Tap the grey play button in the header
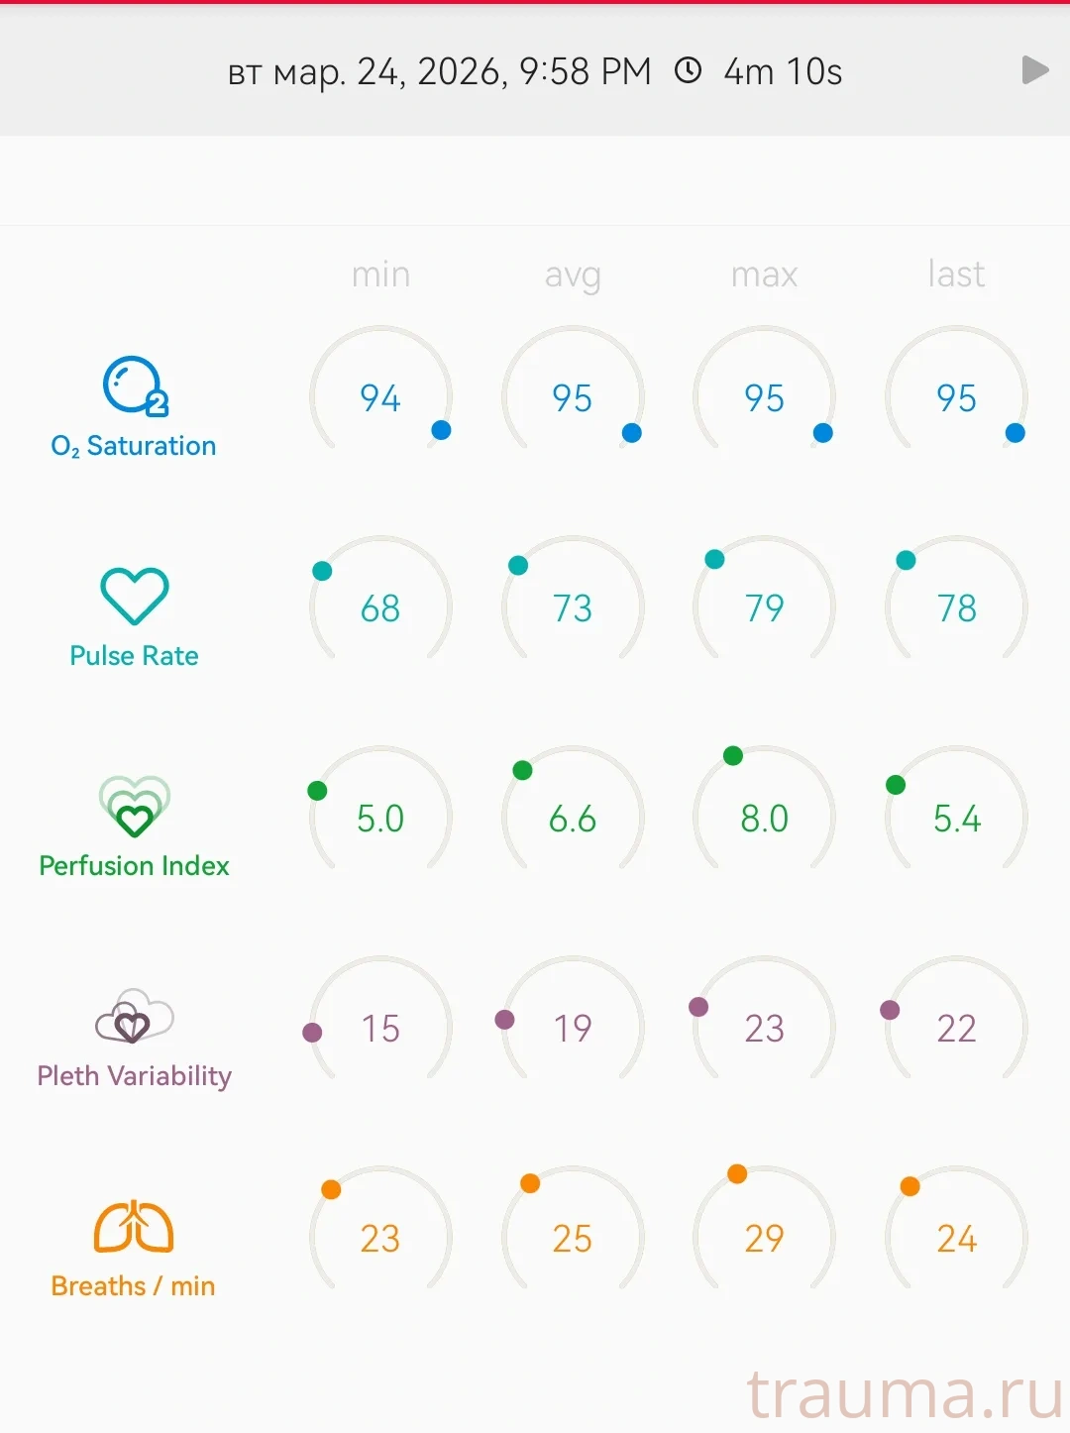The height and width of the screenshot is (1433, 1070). tap(1034, 70)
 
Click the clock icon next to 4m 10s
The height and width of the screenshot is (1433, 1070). tap(688, 70)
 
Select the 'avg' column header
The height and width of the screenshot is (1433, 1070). tap(573, 275)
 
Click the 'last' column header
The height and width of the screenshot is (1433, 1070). tap(956, 274)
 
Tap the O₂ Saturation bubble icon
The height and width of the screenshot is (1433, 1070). tap(134, 386)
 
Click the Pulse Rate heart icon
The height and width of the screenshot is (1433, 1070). tap(135, 596)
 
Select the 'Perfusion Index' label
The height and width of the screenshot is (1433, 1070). tap(134, 865)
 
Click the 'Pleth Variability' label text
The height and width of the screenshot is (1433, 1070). tap(134, 1075)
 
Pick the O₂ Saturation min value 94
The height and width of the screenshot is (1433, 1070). tap(380, 398)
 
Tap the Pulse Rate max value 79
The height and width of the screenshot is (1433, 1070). tap(764, 607)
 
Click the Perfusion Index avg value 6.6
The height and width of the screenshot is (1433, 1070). tap(573, 819)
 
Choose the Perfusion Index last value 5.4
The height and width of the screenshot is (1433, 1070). tap(956, 819)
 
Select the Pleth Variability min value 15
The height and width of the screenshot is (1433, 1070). tap(380, 1029)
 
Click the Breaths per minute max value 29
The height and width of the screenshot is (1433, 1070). tap(764, 1238)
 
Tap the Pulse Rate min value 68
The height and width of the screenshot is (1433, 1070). tap(380, 607)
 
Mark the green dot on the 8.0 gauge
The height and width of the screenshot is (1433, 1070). tap(733, 756)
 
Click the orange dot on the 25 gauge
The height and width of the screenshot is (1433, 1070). tap(530, 1183)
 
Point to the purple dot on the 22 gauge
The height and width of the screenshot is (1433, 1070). tap(890, 1010)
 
